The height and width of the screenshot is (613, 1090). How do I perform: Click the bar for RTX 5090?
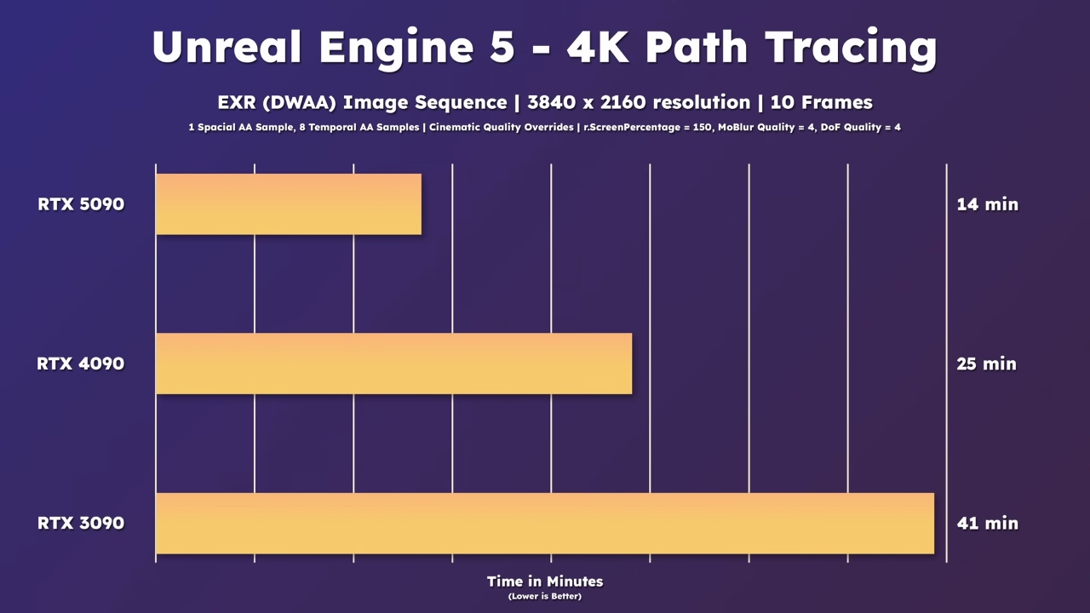[x=289, y=204]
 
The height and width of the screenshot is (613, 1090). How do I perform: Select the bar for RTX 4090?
[x=393, y=364]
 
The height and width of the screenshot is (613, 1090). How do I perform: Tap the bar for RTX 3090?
[x=545, y=523]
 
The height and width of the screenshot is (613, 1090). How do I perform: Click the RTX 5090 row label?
[x=81, y=204]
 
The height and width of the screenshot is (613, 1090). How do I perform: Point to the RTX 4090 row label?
[x=81, y=364]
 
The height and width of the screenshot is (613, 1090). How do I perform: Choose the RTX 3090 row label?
[x=81, y=523]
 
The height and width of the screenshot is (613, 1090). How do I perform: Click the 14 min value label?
[x=987, y=204]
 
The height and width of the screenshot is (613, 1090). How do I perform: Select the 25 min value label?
[x=987, y=364]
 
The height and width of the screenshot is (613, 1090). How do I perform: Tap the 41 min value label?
[x=987, y=523]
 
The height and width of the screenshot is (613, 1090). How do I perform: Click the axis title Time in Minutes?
[x=545, y=581]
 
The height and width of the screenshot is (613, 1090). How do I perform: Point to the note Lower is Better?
[x=545, y=596]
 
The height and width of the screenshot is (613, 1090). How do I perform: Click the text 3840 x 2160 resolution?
[x=639, y=103]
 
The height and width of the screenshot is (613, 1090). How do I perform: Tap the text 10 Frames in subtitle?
[x=821, y=103]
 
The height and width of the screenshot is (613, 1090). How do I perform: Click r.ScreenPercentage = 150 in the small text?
[x=646, y=128]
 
